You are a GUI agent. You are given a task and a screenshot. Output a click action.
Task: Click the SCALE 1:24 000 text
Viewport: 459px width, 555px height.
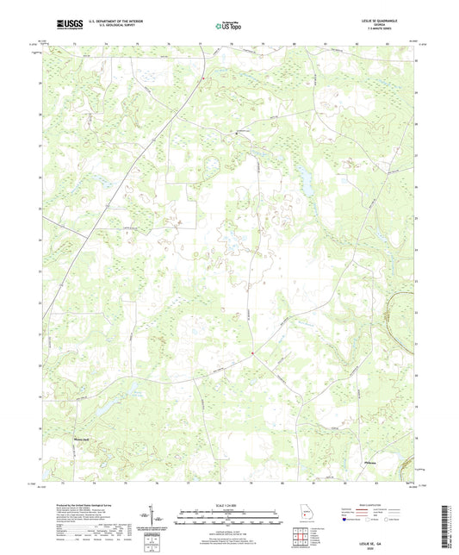coord(229,505)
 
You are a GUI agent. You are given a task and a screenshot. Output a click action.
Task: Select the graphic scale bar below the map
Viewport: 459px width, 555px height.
coord(229,519)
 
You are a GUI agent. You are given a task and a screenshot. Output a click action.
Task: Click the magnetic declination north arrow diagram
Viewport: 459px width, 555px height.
coord(155,519)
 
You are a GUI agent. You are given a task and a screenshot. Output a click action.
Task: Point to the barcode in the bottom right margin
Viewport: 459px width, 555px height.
coord(446,521)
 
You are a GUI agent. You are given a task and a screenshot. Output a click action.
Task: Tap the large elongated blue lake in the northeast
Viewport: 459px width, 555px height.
coord(303,179)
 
